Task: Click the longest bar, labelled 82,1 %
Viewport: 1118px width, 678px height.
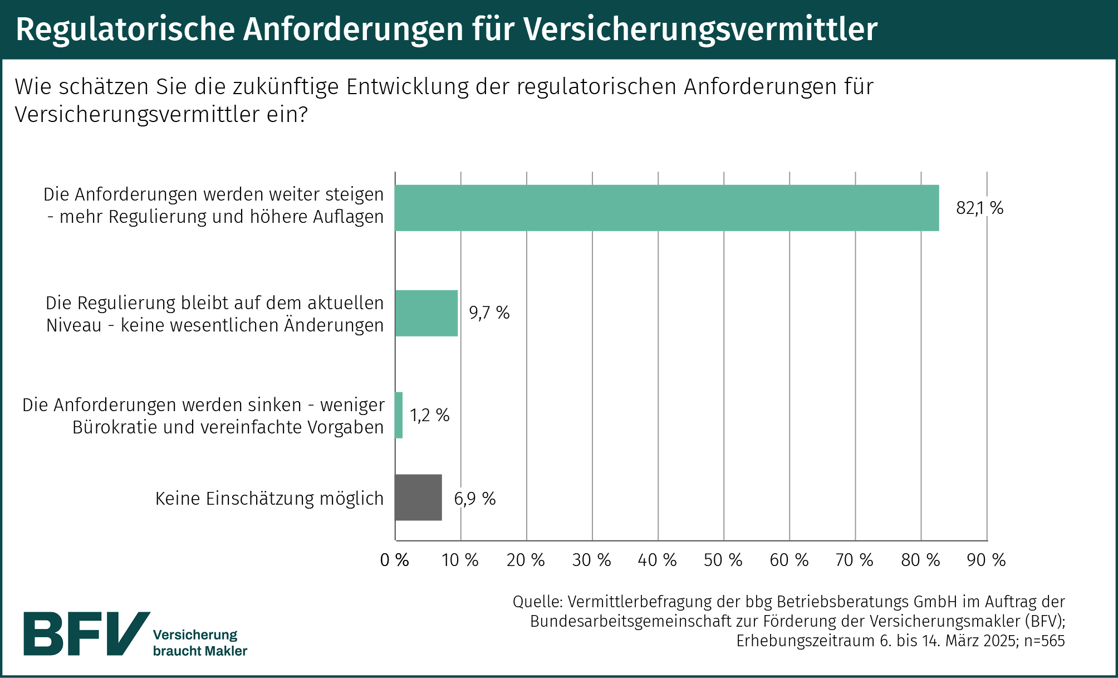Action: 666,208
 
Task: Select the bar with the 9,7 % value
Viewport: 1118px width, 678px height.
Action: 426,313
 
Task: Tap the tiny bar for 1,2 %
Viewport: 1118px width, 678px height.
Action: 399,415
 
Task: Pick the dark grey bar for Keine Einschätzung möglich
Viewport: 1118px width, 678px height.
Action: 418,497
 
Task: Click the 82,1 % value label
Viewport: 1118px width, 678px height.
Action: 979,208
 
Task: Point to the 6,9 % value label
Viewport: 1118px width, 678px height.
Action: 474,498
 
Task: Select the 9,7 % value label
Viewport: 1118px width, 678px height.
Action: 489,313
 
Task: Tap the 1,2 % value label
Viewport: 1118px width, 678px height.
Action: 429,415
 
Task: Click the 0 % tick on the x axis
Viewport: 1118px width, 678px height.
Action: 394,559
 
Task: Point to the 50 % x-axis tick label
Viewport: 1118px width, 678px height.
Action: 723,559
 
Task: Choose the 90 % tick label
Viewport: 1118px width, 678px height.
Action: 986,559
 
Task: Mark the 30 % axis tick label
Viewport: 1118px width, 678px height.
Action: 591,559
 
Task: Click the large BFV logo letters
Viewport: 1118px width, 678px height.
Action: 86,633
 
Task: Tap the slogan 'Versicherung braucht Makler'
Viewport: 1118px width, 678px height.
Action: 200,643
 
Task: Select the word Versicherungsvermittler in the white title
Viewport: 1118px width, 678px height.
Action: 700,29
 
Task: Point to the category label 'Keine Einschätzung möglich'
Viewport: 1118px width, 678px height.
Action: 269,498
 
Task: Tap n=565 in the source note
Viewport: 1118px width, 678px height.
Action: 1044,641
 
